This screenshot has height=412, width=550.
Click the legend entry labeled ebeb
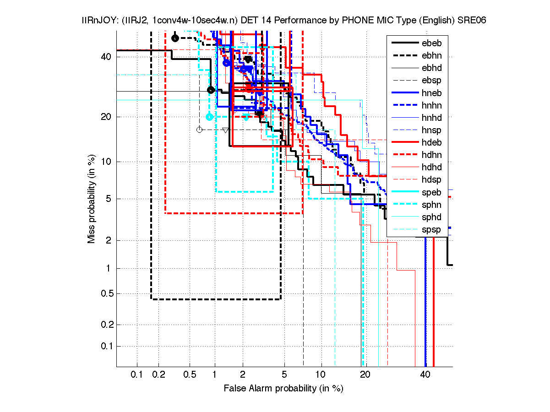tap(431, 43)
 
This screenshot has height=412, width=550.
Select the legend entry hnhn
tap(431, 106)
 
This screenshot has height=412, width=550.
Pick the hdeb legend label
tap(431, 143)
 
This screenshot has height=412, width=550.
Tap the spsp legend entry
tap(431, 230)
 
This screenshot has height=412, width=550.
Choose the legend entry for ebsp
tap(431, 81)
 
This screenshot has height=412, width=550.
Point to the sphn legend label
tap(431, 205)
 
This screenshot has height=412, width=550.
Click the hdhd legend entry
tap(431, 168)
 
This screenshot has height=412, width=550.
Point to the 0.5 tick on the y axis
tap(105, 293)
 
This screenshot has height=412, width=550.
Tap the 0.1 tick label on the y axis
tap(105, 346)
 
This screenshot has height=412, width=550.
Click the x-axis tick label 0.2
tap(158, 375)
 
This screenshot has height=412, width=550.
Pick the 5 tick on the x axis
tap(284, 375)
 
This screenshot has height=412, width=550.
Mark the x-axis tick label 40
tap(425, 375)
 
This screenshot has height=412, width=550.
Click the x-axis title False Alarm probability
tap(283, 389)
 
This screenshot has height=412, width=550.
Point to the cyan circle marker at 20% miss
tap(209, 117)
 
